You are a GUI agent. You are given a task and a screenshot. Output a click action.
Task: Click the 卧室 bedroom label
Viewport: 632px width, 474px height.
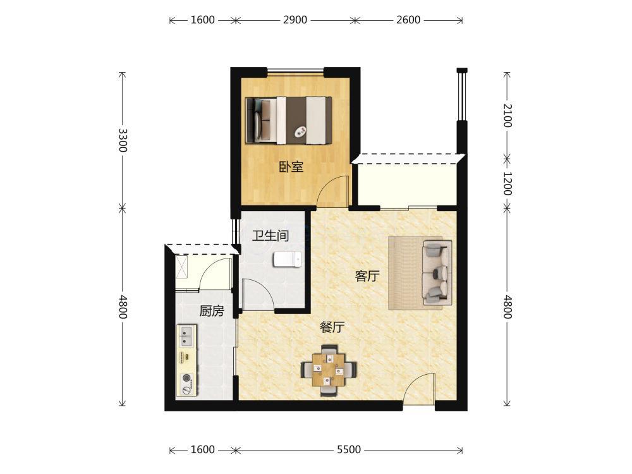291,167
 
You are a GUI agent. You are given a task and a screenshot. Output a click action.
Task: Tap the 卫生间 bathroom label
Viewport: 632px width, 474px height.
270,235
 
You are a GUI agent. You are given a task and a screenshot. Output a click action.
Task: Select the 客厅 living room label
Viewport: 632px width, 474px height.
367,276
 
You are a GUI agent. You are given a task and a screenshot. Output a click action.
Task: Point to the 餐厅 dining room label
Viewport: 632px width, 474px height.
332,327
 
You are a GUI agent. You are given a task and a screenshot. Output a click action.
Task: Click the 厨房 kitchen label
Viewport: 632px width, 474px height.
211,311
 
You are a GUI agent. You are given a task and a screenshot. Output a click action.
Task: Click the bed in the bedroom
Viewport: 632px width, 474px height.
289,120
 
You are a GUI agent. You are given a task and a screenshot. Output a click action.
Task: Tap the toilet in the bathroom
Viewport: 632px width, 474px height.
287,259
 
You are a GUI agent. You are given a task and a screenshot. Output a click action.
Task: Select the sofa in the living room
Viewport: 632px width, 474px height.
437,273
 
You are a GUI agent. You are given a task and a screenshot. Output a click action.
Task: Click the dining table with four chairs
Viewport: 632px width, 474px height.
329,370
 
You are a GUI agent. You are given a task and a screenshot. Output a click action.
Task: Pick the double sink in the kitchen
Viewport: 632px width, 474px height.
186,337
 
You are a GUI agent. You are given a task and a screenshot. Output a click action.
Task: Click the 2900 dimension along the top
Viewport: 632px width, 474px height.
295,20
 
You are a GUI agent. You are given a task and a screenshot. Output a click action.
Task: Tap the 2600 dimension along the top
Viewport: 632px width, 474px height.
408,20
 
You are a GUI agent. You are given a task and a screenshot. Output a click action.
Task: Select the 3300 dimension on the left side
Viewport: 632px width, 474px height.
123,140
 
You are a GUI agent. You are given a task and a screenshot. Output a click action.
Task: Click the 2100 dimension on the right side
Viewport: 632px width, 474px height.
507,115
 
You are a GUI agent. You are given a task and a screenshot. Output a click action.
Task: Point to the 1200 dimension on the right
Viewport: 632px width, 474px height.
507,183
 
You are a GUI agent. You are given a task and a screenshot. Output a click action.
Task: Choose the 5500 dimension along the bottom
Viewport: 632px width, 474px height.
349,449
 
